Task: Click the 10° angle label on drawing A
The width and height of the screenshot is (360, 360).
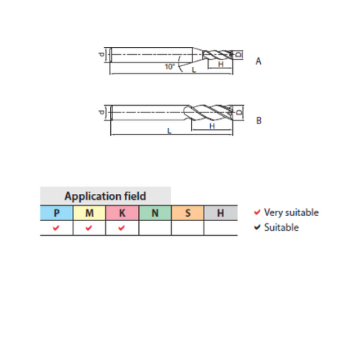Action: pyautogui.click(x=170, y=66)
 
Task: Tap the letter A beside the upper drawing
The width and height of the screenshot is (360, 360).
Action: pyautogui.click(x=259, y=61)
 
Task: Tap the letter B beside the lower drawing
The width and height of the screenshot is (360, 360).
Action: pyautogui.click(x=259, y=120)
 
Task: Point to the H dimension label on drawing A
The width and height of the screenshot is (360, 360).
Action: pyautogui.click(x=220, y=64)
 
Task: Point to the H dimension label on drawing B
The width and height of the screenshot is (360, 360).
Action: pyautogui.click(x=212, y=126)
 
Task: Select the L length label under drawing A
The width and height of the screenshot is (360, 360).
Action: pyautogui.click(x=194, y=70)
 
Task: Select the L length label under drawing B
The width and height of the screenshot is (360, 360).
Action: pyautogui.click(x=169, y=131)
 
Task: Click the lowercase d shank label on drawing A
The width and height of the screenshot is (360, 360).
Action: pyautogui.click(x=101, y=54)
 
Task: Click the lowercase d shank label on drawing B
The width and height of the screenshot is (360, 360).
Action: pyautogui.click(x=101, y=112)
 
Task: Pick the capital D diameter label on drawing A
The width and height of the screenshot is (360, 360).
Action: pyautogui.click(x=238, y=54)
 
